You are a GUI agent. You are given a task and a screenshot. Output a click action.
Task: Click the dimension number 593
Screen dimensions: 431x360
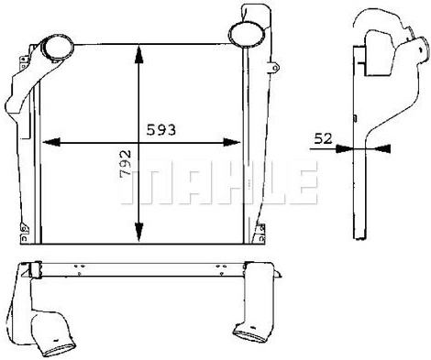tap(161, 130)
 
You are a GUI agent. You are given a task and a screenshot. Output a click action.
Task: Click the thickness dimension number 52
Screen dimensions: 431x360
tap(323, 139)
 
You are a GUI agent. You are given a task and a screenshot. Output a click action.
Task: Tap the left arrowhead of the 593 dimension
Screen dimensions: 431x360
tap(50, 142)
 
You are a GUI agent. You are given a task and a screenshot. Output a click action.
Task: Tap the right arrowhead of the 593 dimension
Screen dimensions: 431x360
tap(232, 142)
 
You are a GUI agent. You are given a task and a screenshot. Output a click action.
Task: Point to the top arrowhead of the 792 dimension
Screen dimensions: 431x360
tap(139, 54)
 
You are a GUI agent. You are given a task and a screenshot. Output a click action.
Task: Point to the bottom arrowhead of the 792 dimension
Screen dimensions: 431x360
tap(139, 232)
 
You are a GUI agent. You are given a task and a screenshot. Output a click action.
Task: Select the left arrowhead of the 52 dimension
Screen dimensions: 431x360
tap(345, 148)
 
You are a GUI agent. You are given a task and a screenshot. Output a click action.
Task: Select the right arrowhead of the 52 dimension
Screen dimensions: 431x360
tap(382, 148)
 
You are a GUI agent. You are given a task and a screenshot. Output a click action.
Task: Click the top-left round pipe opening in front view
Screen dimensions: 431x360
tap(57, 47)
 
